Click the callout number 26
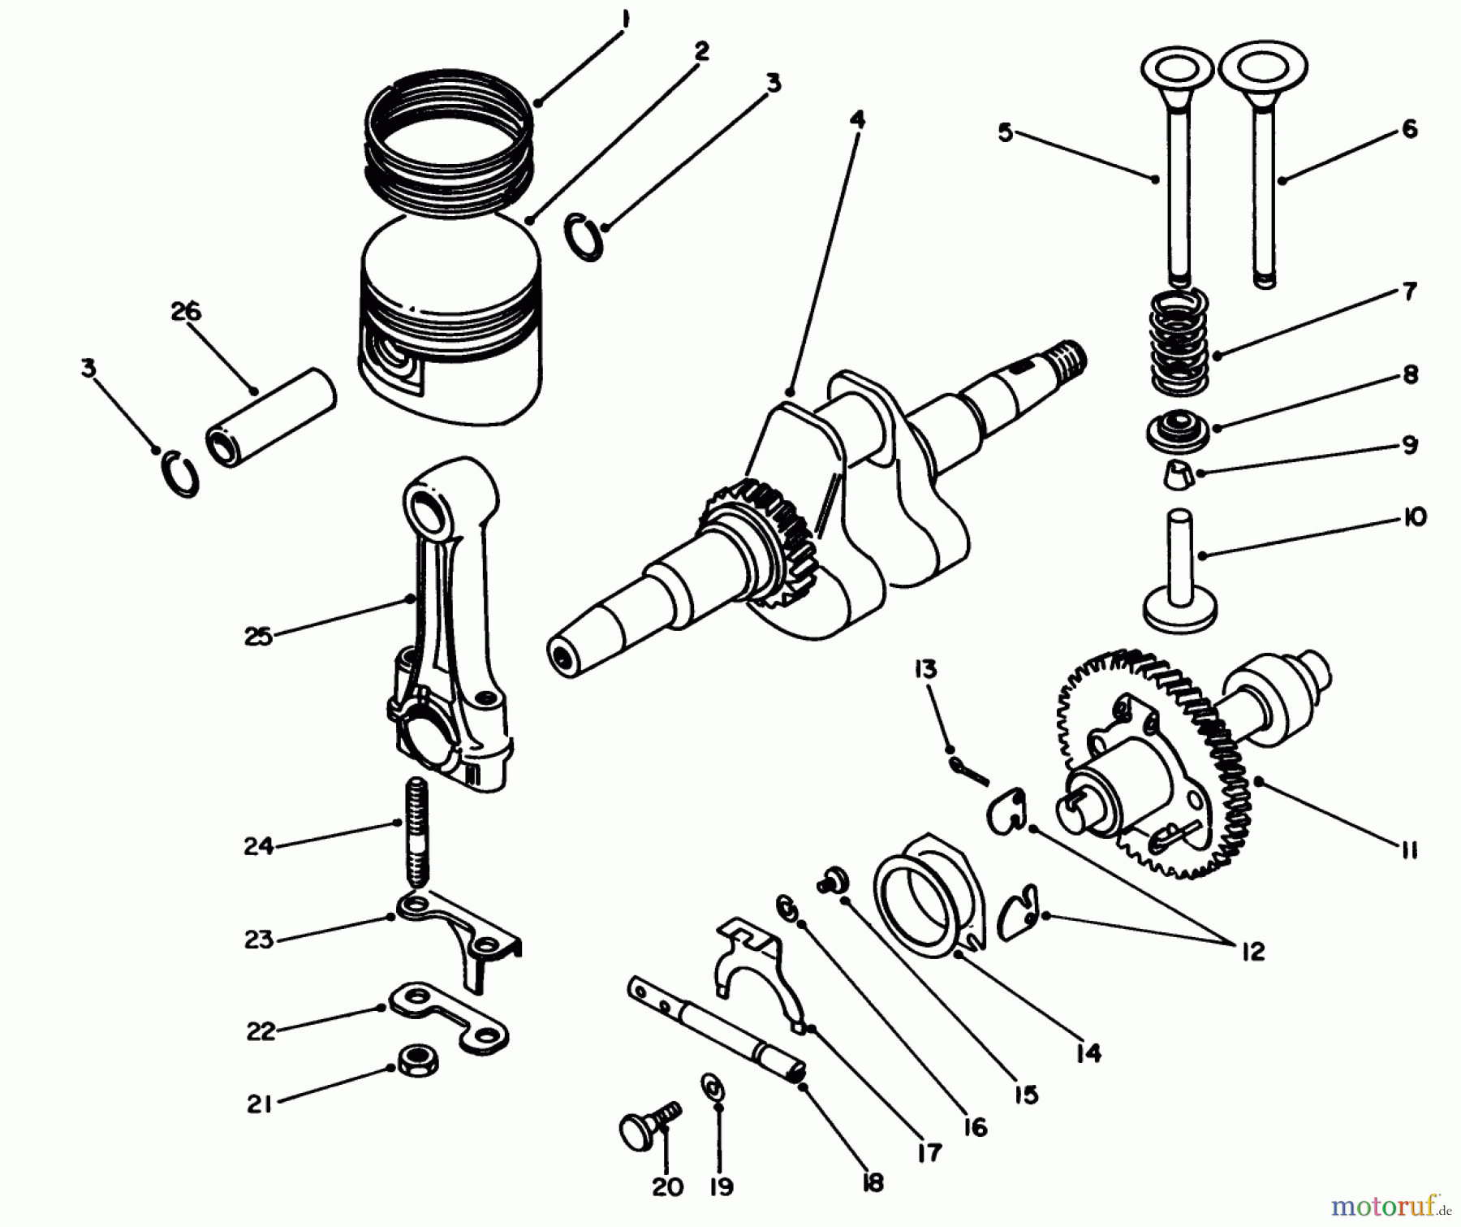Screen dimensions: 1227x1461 coord(186,312)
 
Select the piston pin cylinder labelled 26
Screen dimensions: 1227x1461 coord(271,417)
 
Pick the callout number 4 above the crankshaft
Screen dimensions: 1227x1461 coord(857,120)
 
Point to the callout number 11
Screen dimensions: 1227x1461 coord(1409,849)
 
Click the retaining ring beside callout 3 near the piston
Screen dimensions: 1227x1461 coord(584,236)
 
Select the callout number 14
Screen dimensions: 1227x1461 coord(1088,1053)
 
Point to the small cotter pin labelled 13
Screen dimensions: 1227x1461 coord(969,768)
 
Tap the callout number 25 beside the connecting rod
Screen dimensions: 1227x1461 coord(259,636)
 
